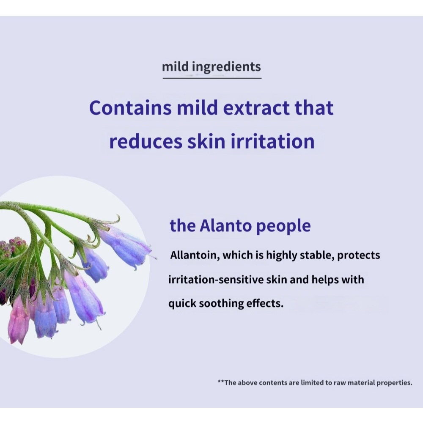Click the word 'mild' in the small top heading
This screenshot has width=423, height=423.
[175, 66]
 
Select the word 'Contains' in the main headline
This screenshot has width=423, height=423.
[130, 107]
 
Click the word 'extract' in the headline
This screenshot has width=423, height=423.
[256, 108]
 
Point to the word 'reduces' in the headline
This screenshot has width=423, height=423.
[146, 142]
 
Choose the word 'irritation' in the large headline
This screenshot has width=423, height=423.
[273, 141]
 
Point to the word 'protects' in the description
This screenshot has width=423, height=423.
[359, 255]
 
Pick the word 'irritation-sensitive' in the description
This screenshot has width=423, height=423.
[216, 279]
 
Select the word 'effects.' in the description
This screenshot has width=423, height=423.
[265, 303]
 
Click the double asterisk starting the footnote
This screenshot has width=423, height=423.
[221, 381]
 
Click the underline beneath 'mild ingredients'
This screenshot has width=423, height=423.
[212, 78]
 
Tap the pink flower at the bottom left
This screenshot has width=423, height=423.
[18, 320]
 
